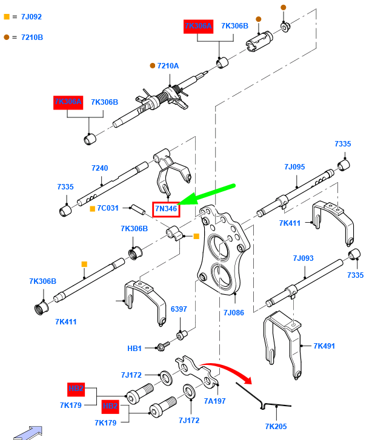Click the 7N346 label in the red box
[x=166, y=209]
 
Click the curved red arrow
[x=227, y=370]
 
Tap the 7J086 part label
[x=233, y=313]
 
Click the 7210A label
[x=168, y=65]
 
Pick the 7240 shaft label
[x=99, y=168]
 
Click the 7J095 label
[x=294, y=166]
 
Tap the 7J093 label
[x=303, y=258]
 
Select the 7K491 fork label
[x=324, y=346]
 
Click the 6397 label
[x=179, y=309]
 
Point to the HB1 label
[x=134, y=349]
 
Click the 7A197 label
[x=214, y=401]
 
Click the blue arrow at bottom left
[x=29, y=432]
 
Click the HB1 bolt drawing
[x=162, y=347]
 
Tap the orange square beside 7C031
[x=92, y=209]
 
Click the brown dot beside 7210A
[x=153, y=65]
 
